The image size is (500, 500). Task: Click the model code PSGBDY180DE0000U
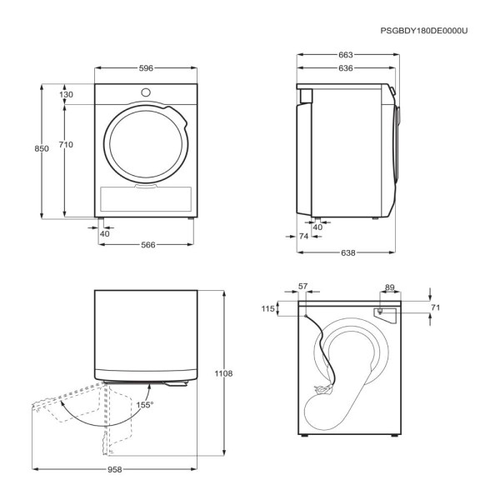pyautogui.click(x=424, y=31)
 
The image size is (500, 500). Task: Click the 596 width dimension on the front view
pyautogui.click(x=146, y=68)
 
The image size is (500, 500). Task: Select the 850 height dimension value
pyautogui.click(x=42, y=148)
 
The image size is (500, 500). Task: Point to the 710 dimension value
pyautogui.click(x=66, y=145)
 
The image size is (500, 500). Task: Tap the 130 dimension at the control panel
pyautogui.click(x=66, y=95)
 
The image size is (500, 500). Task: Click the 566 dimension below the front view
pyautogui.click(x=148, y=245)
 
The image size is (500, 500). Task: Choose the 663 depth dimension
pyautogui.click(x=346, y=55)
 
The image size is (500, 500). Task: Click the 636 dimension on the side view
pyautogui.click(x=346, y=68)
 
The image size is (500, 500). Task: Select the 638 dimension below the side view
pyautogui.click(x=347, y=252)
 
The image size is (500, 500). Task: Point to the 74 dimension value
pyautogui.click(x=304, y=237)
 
